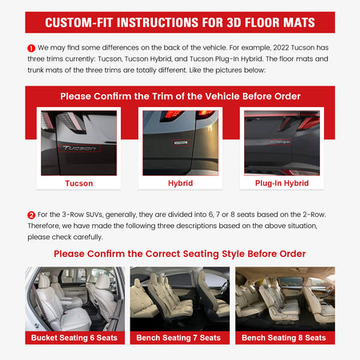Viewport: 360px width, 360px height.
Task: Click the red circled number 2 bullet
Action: [30, 214]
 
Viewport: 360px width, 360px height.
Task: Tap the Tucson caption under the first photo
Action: [78, 183]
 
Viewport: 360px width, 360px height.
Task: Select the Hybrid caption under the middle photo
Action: [179, 183]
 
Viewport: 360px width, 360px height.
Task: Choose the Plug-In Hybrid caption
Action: [281, 183]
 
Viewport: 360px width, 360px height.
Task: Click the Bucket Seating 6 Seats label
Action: [74, 338]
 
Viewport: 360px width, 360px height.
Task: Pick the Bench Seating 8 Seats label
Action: [285, 338]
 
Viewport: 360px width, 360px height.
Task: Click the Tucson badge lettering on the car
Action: [78, 149]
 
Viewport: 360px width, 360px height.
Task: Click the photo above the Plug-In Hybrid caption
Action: [281, 142]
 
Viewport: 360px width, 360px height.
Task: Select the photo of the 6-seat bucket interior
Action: [74, 298]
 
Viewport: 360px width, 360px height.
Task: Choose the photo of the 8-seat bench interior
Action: [285, 298]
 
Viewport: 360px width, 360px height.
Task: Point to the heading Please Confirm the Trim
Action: [179, 96]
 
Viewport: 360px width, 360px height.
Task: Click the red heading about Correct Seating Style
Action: [179, 254]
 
